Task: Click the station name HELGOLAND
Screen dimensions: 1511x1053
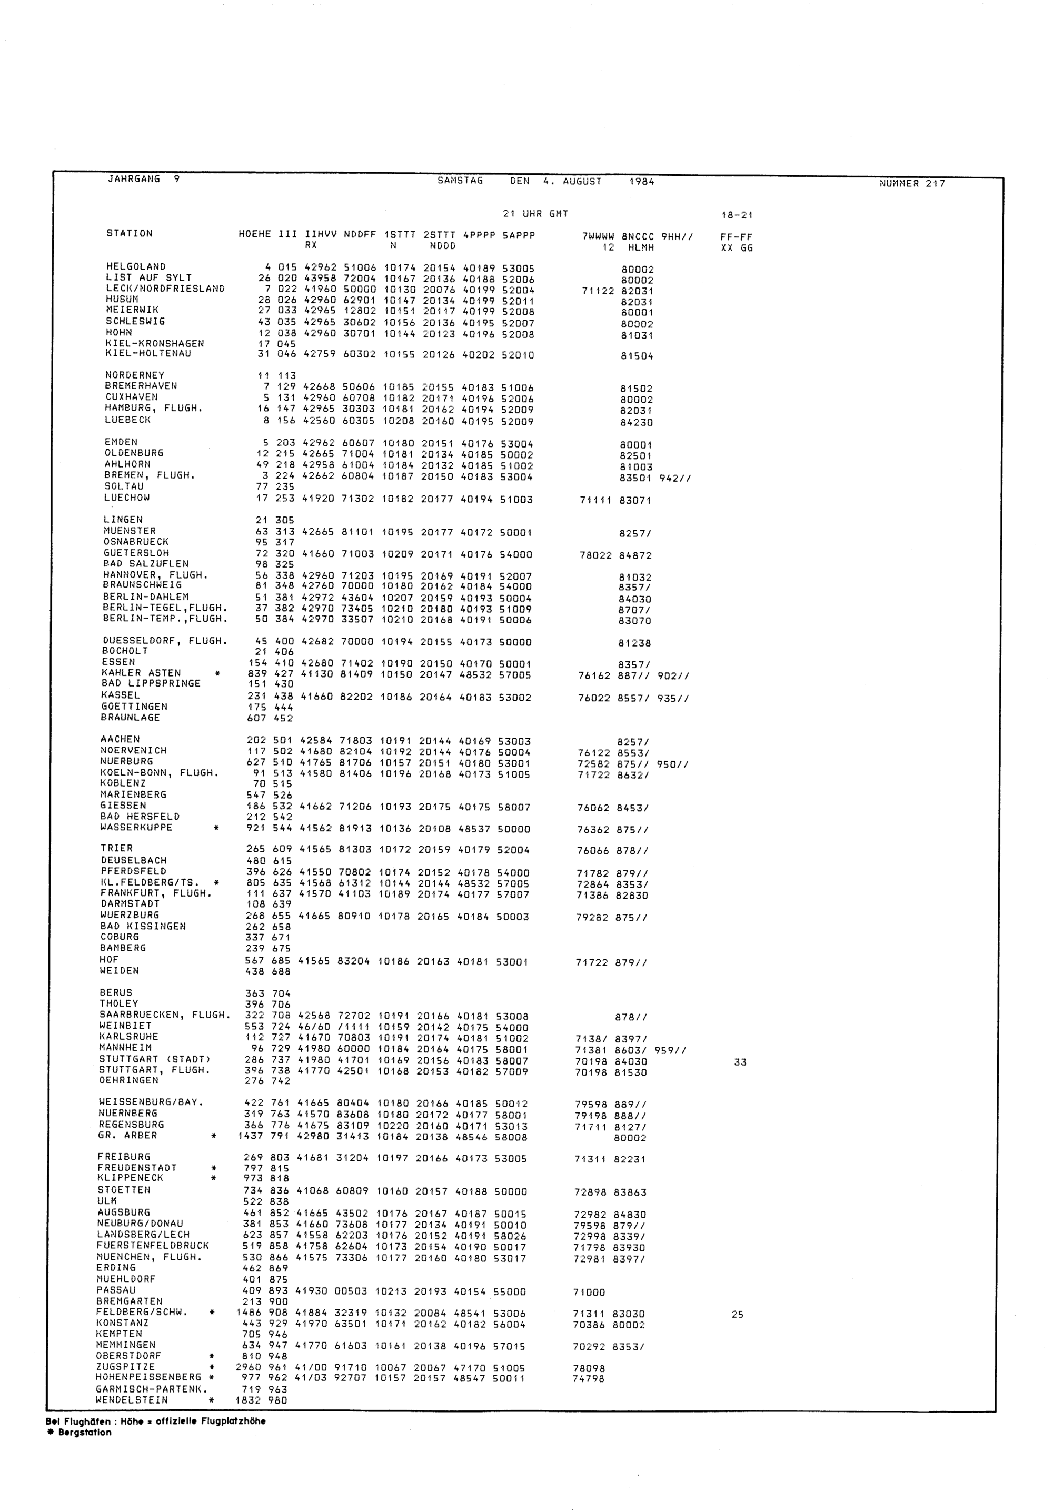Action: tap(136, 266)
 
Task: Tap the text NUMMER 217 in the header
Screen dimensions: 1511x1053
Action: tap(911, 184)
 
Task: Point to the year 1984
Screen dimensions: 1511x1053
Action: tap(642, 182)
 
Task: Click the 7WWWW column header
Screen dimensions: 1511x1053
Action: tap(598, 236)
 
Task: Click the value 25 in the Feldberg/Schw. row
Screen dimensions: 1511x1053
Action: tap(737, 1314)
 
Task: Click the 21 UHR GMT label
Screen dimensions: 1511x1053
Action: tap(535, 214)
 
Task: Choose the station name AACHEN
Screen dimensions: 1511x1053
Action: tap(120, 739)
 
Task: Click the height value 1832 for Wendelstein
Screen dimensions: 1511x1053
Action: tap(248, 1400)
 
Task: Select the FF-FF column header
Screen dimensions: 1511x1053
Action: tap(737, 237)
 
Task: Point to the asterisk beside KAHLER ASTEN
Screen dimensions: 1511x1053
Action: tap(216, 673)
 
